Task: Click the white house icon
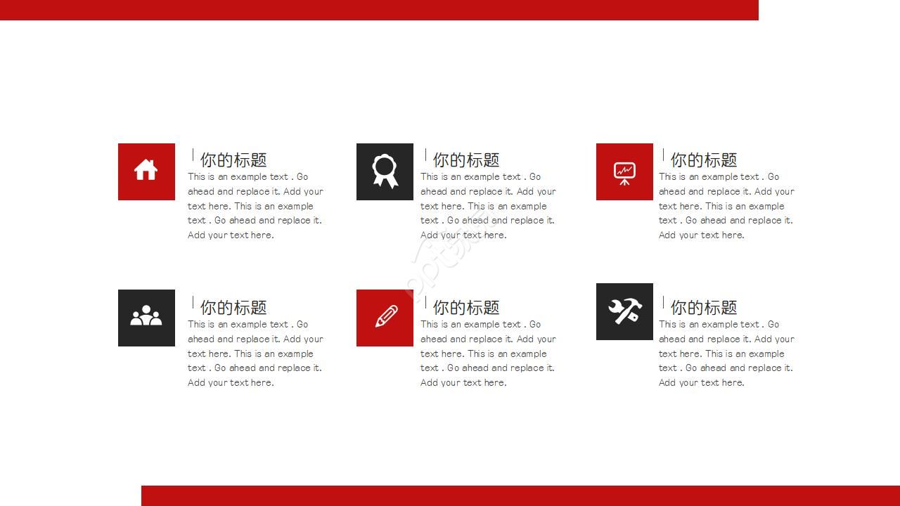(x=146, y=170)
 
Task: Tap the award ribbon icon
(x=385, y=171)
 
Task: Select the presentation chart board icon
(x=624, y=173)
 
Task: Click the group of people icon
(x=146, y=316)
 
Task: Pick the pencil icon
(x=385, y=317)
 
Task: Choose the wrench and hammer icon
(x=624, y=311)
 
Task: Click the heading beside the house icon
(x=233, y=160)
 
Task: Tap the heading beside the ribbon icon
(x=466, y=160)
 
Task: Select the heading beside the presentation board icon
(x=704, y=160)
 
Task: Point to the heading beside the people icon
(x=233, y=308)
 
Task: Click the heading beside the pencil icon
(x=466, y=308)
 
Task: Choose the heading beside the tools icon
(x=704, y=308)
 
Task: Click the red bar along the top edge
(x=379, y=10)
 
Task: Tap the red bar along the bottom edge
(x=520, y=495)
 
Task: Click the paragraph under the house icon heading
(x=255, y=206)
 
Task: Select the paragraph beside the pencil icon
(x=488, y=353)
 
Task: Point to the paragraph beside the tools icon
(x=726, y=353)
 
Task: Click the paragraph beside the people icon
(x=255, y=353)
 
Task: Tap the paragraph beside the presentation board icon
(x=726, y=206)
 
